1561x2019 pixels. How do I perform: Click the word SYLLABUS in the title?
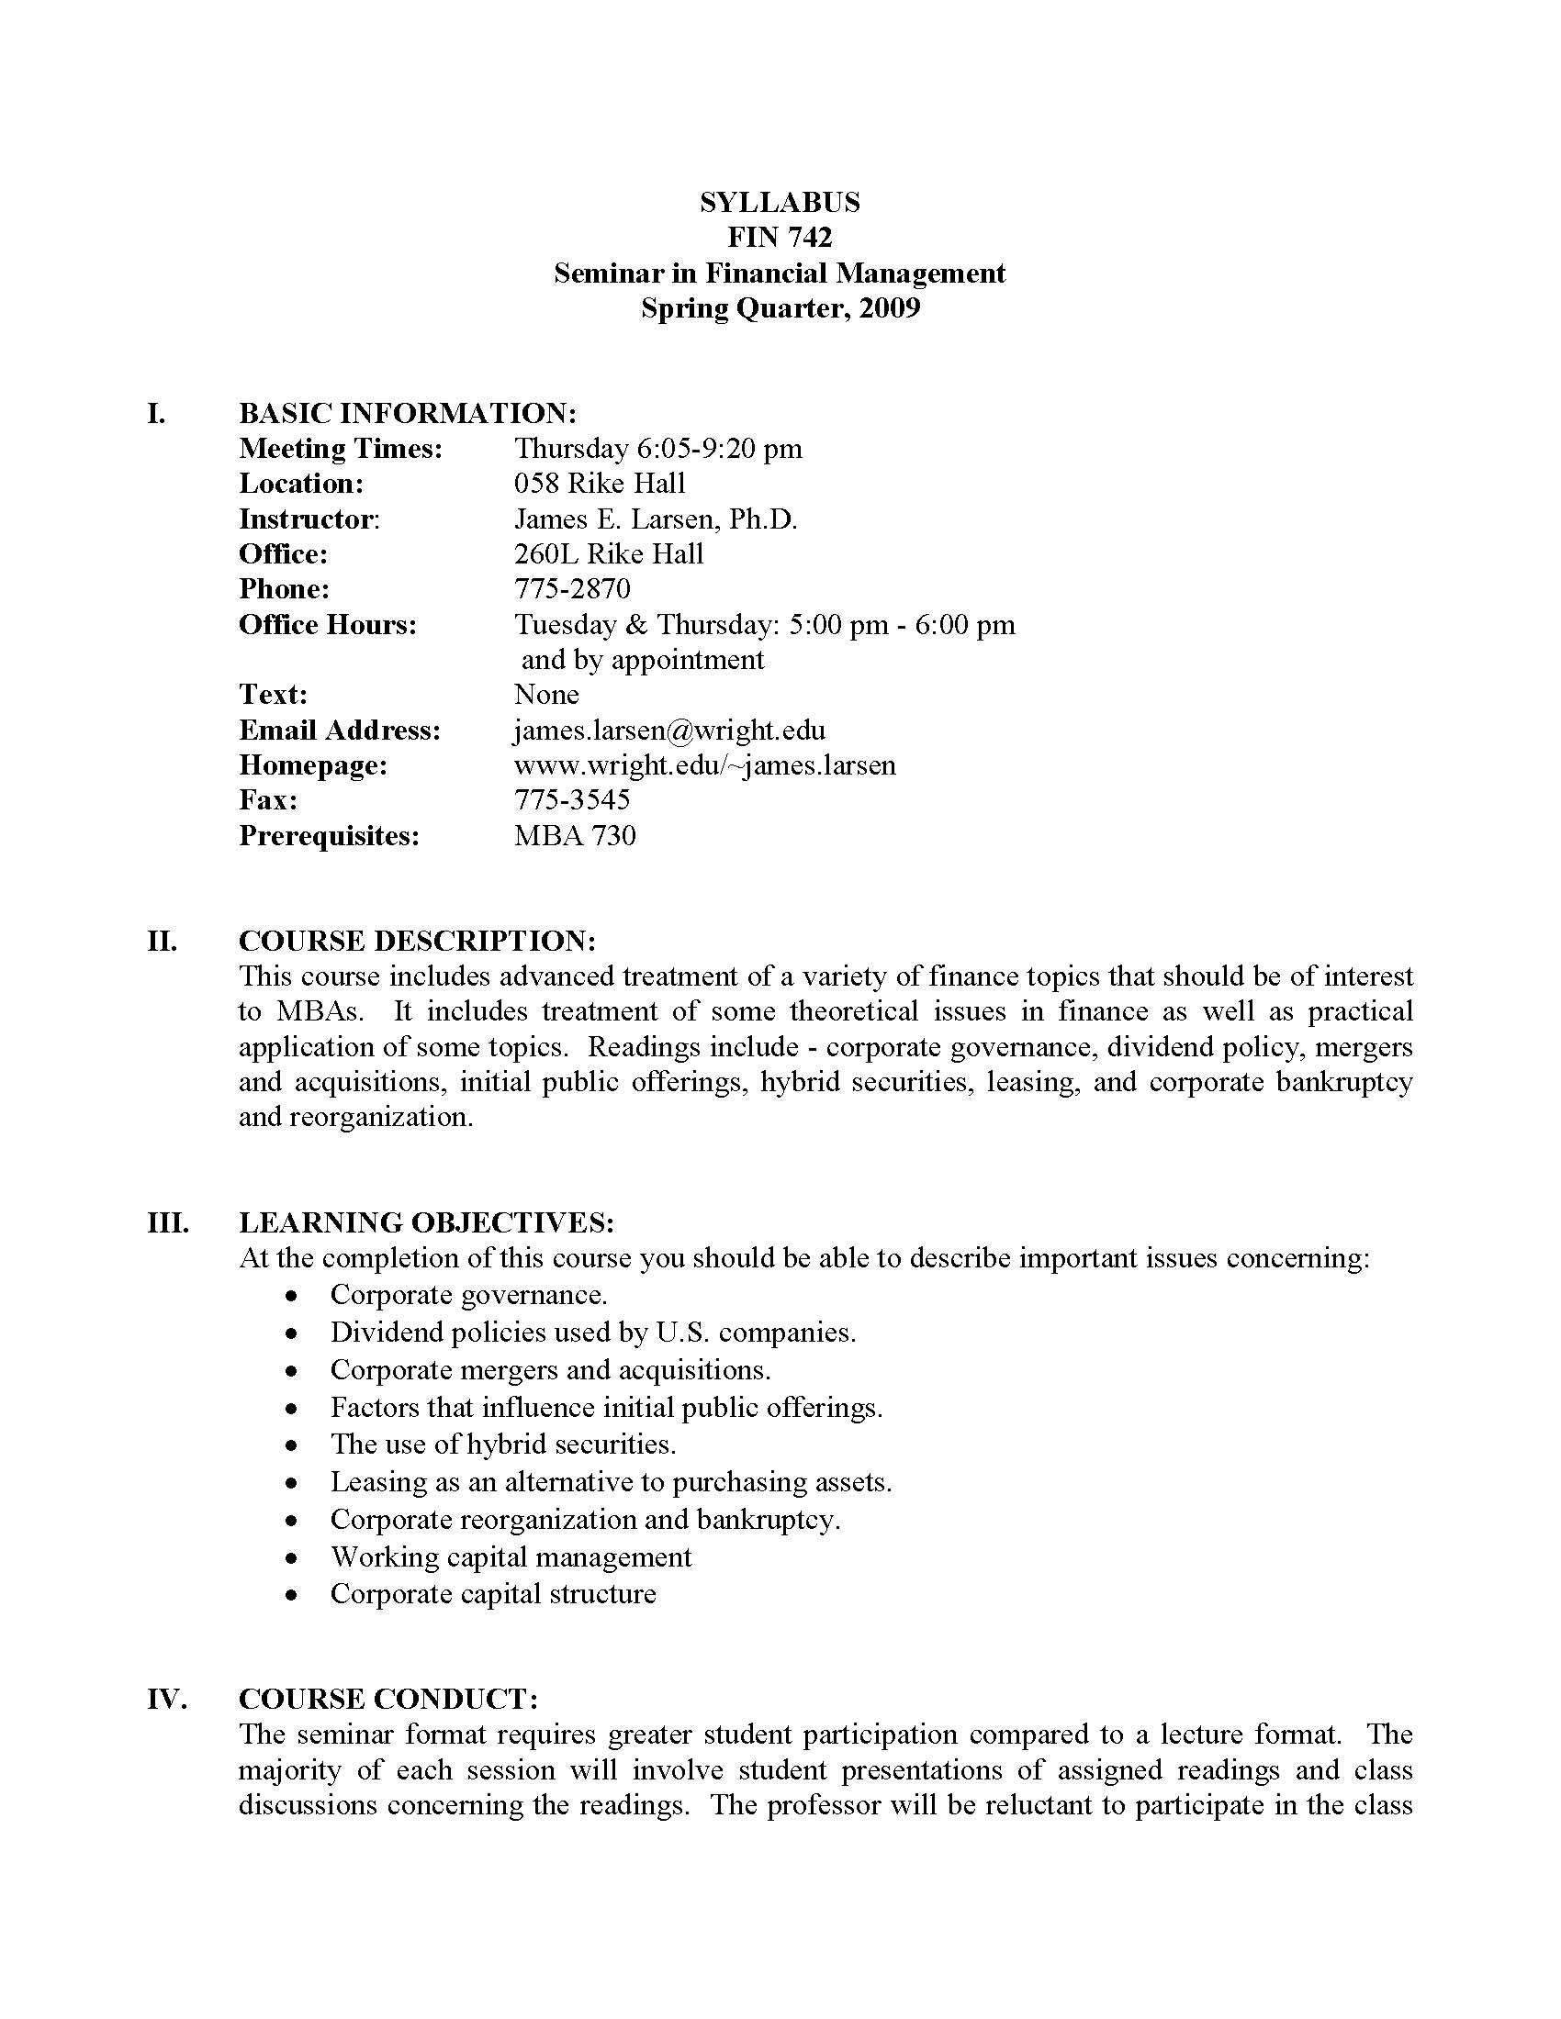point(780,202)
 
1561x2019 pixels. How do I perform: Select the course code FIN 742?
point(780,238)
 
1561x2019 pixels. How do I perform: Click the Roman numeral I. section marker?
point(157,413)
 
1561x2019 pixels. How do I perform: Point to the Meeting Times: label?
point(341,449)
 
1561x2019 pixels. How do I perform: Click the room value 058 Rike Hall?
point(600,484)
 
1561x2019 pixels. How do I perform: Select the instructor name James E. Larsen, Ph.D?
point(655,519)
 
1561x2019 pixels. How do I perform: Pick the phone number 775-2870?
point(571,589)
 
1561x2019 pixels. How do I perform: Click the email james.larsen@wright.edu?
point(668,731)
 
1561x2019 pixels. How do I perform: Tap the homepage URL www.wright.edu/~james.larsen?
point(703,765)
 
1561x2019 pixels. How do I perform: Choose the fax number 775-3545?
point(571,799)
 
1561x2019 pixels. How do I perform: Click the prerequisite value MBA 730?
point(574,836)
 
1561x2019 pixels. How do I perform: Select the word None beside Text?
point(546,695)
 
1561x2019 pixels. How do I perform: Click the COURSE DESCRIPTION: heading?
point(417,941)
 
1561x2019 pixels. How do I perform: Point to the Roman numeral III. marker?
point(168,1223)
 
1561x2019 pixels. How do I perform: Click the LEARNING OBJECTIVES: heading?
point(426,1223)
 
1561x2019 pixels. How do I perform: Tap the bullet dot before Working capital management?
point(292,1557)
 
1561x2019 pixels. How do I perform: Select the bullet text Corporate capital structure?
point(493,1594)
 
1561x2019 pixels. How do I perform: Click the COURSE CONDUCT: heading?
point(388,1699)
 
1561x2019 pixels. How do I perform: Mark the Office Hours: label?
point(328,625)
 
